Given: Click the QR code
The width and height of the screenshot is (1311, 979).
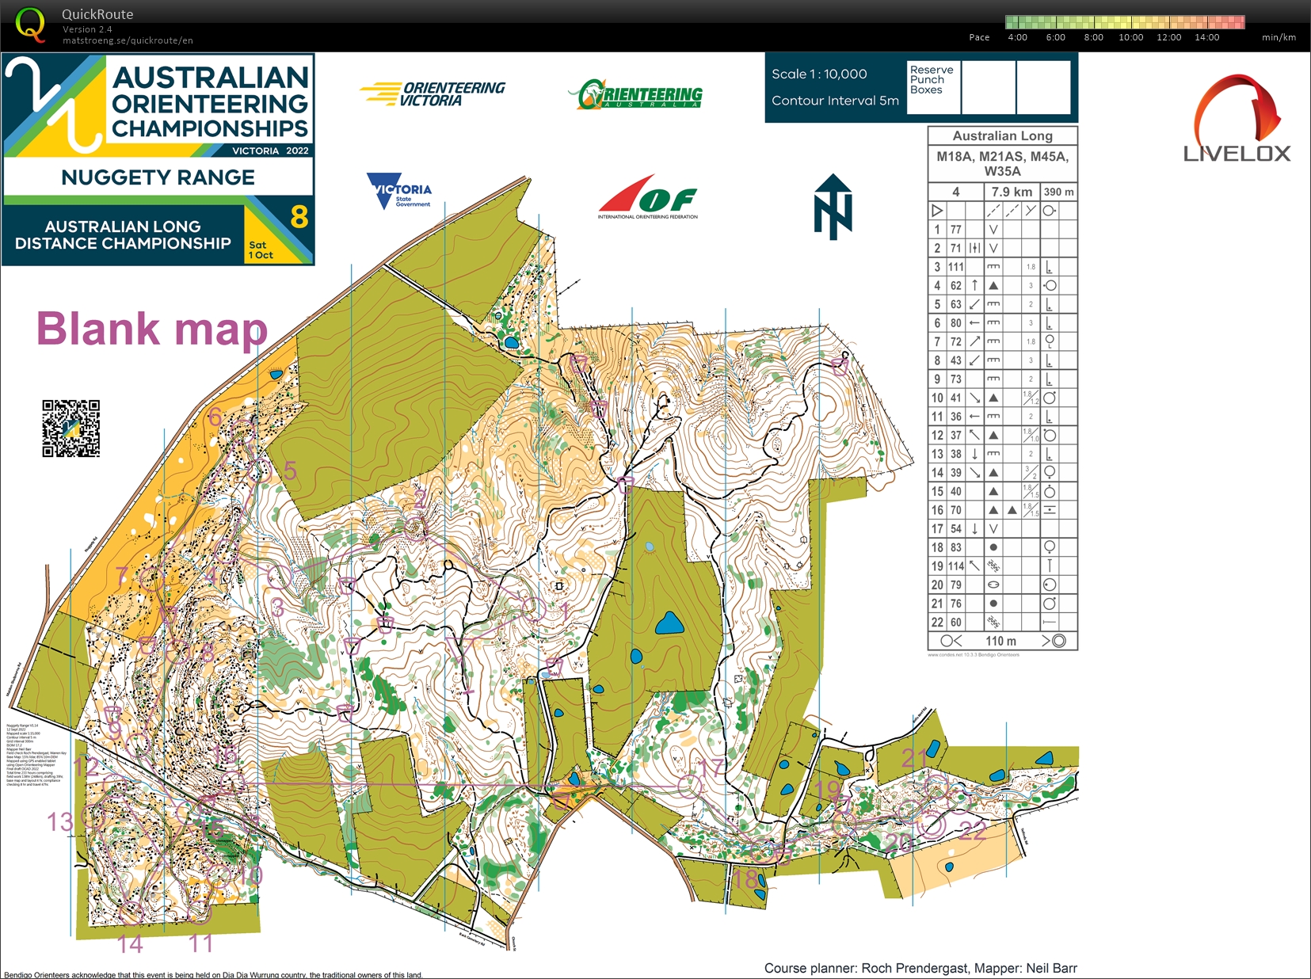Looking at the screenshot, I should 71,429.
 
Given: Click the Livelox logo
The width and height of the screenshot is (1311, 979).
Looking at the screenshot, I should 1237,119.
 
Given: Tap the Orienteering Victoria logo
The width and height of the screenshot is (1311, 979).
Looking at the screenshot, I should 433,94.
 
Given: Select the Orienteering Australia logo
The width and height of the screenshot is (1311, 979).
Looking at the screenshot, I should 635,94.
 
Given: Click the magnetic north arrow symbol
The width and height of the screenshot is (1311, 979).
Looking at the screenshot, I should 833,207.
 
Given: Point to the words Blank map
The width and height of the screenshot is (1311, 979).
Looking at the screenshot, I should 152,329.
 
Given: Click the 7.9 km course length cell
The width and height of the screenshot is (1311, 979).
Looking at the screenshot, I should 1011,192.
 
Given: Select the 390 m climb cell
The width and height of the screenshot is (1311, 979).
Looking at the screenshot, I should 1058,192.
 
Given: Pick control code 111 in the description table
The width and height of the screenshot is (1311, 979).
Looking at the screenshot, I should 956,267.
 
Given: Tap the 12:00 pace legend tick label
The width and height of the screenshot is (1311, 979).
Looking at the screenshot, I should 1168,37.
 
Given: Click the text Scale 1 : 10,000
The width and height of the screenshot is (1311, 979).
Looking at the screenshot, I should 819,74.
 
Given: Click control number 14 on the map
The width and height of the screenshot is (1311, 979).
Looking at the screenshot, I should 130,944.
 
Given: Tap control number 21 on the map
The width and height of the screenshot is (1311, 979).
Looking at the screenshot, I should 915,758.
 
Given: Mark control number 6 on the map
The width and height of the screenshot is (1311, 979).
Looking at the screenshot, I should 215,417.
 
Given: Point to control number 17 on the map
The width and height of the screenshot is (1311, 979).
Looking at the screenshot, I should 711,767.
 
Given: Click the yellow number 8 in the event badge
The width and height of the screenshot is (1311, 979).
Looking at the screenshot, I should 299,216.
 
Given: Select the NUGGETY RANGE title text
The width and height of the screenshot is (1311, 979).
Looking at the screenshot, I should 158,177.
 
